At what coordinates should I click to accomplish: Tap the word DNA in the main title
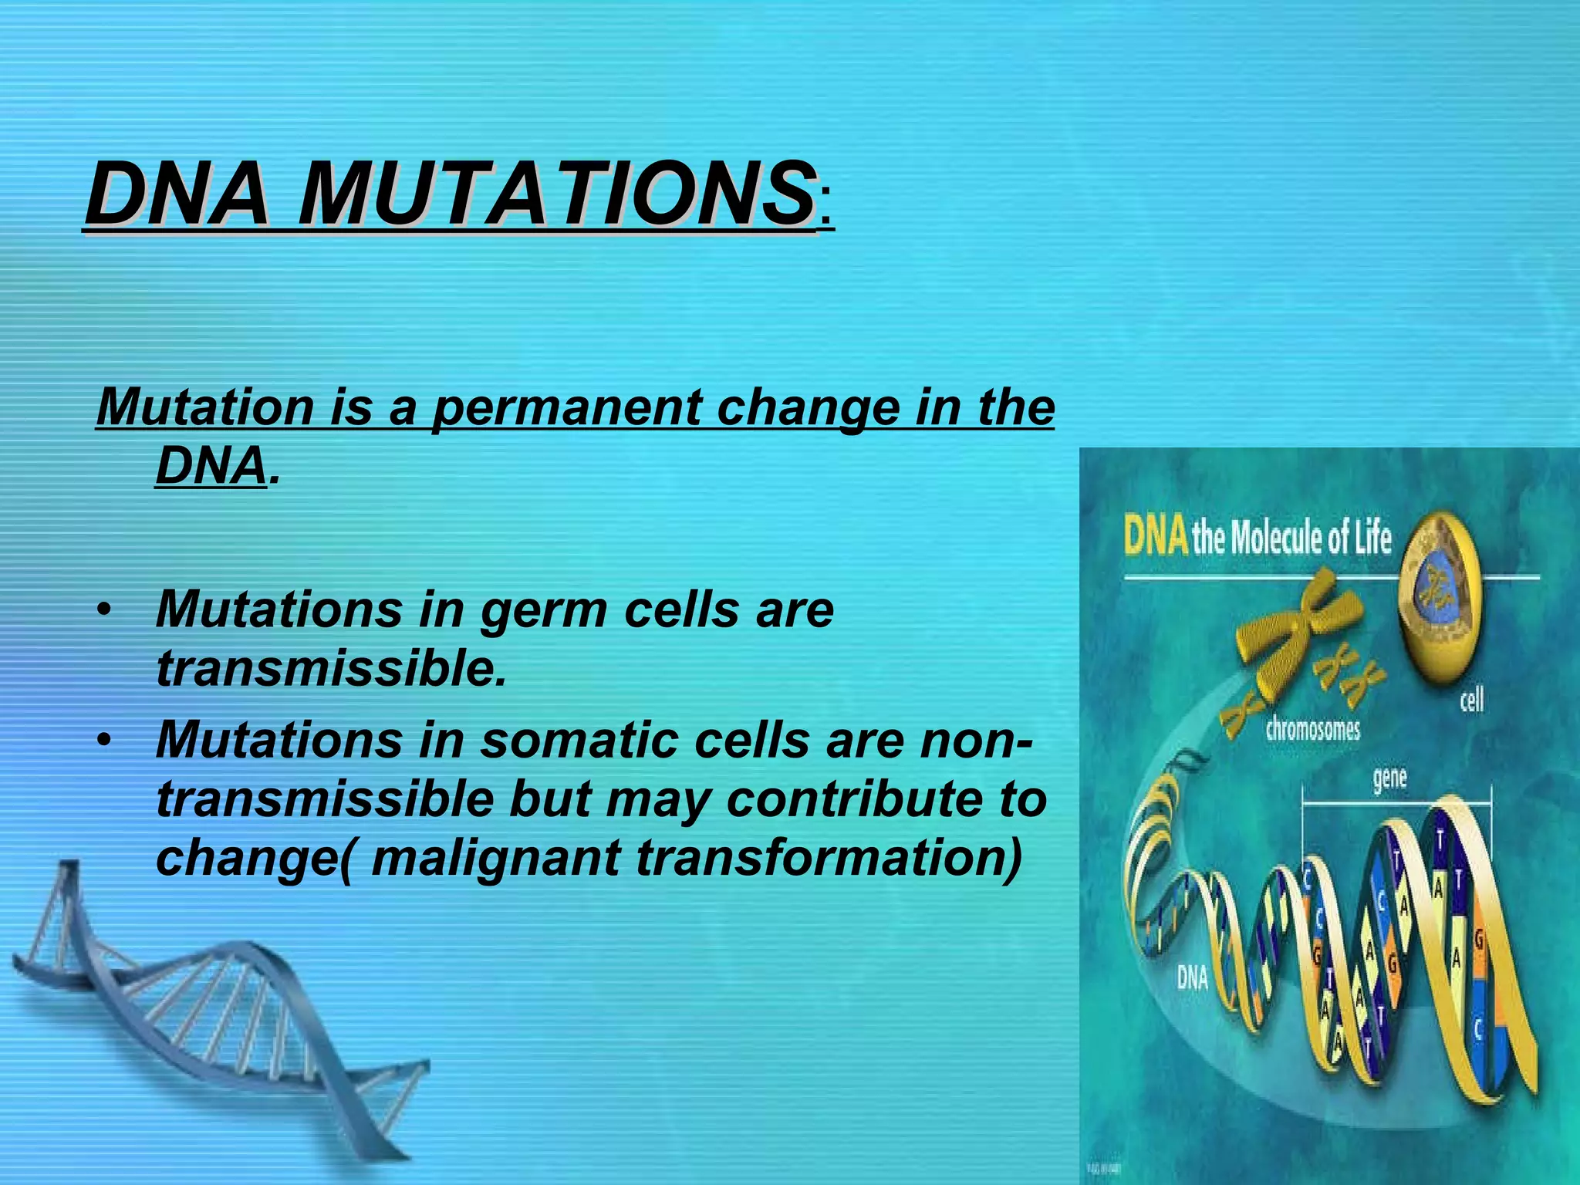pos(177,193)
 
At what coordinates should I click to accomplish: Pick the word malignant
pos(495,857)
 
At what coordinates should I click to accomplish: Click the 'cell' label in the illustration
pos(1471,701)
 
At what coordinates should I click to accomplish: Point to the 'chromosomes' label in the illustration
pos(1312,729)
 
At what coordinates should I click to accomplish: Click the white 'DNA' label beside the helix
pos(1192,978)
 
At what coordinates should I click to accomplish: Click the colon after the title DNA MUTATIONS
pos(826,210)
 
